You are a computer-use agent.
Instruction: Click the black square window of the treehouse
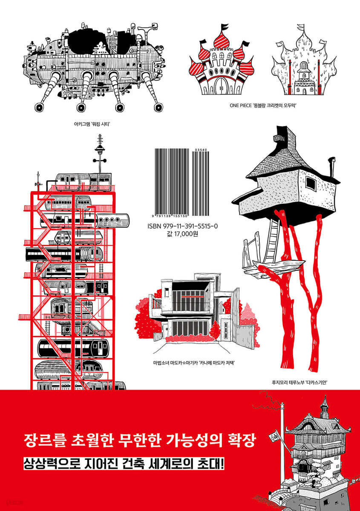[x=311, y=184]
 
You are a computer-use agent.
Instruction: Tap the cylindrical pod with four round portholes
[x=113, y=220]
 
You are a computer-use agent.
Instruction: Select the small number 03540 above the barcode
[x=200, y=150]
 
